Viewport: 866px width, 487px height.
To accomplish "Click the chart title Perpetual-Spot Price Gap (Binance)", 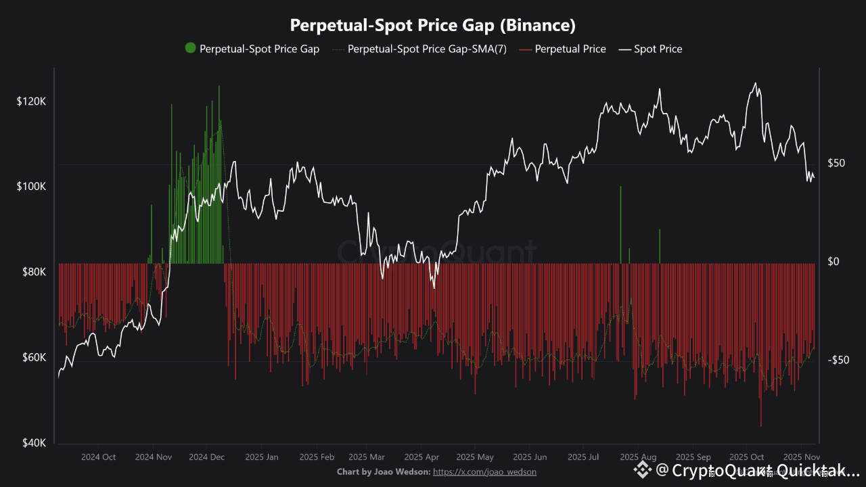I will click(433, 26).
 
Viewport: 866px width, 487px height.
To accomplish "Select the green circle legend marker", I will click(190, 48).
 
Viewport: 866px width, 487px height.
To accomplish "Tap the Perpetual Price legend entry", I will click(570, 49).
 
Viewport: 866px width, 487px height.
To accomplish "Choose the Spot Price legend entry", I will click(658, 49).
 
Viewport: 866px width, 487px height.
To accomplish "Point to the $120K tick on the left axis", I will click(31, 101).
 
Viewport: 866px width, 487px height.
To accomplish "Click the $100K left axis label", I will click(31, 186).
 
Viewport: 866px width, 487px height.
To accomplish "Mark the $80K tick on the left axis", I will click(32, 272).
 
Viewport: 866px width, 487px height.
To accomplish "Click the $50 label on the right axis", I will click(837, 163).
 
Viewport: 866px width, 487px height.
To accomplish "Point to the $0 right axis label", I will click(834, 262).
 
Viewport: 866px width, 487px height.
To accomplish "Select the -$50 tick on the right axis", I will click(838, 360).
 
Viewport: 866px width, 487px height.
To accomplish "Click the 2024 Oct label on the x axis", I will click(99, 457).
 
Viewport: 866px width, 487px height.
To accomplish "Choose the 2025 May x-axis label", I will click(475, 457).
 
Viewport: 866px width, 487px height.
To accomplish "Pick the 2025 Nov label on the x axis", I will click(801, 457).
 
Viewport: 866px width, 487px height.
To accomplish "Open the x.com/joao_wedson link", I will click(484, 471).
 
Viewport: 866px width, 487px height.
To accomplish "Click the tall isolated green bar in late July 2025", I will click(620, 223).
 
